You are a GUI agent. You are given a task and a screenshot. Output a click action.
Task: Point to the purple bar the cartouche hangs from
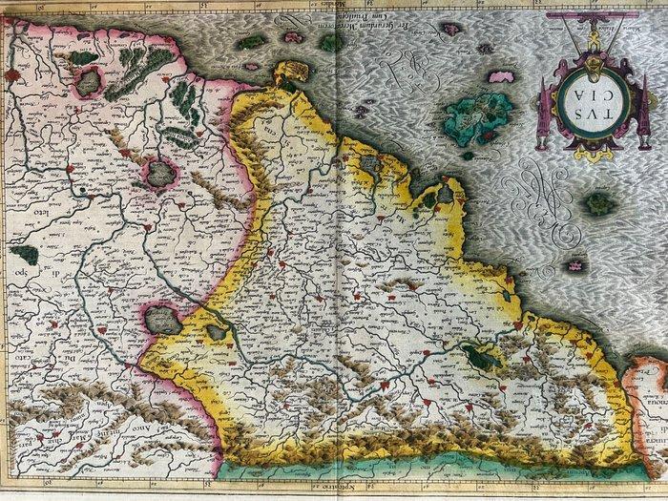point(593,21)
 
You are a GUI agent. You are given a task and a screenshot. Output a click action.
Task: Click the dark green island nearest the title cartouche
point(598,202)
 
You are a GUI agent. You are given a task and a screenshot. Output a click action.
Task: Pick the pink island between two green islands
point(251,67)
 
